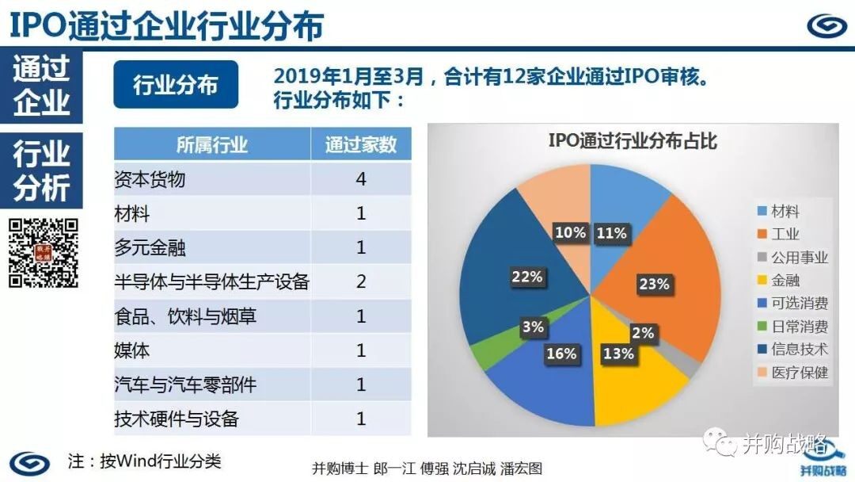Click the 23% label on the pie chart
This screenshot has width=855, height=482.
[x=654, y=284]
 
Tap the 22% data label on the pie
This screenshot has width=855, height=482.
[x=526, y=277]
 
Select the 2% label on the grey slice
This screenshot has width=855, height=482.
[x=642, y=333]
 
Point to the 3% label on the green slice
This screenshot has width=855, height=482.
[x=533, y=327]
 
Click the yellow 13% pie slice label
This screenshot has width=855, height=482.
[x=618, y=354]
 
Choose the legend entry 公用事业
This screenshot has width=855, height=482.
[x=792, y=257]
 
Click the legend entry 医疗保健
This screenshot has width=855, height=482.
[x=792, y=373]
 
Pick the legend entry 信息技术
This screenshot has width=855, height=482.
[x=792, y=349]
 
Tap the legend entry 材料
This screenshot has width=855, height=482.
[x=779, y=211]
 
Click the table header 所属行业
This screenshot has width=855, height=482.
[x=212, y=144]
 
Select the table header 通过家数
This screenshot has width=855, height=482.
[x=361, y=144]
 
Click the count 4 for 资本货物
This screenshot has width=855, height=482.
[x=361, y=178]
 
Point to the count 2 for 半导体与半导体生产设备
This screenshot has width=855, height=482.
[x=361, y=281]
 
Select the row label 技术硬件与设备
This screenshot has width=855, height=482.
[x=177, y=419]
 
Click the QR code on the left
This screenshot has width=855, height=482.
[x=44, y=253]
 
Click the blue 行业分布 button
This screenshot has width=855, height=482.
[x=176, y=85]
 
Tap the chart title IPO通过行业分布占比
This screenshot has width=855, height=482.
[x=633, y=141]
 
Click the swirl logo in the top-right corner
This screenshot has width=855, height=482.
[x=826, y=25]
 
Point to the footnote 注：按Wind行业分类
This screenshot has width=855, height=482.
[x=145, y=461]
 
